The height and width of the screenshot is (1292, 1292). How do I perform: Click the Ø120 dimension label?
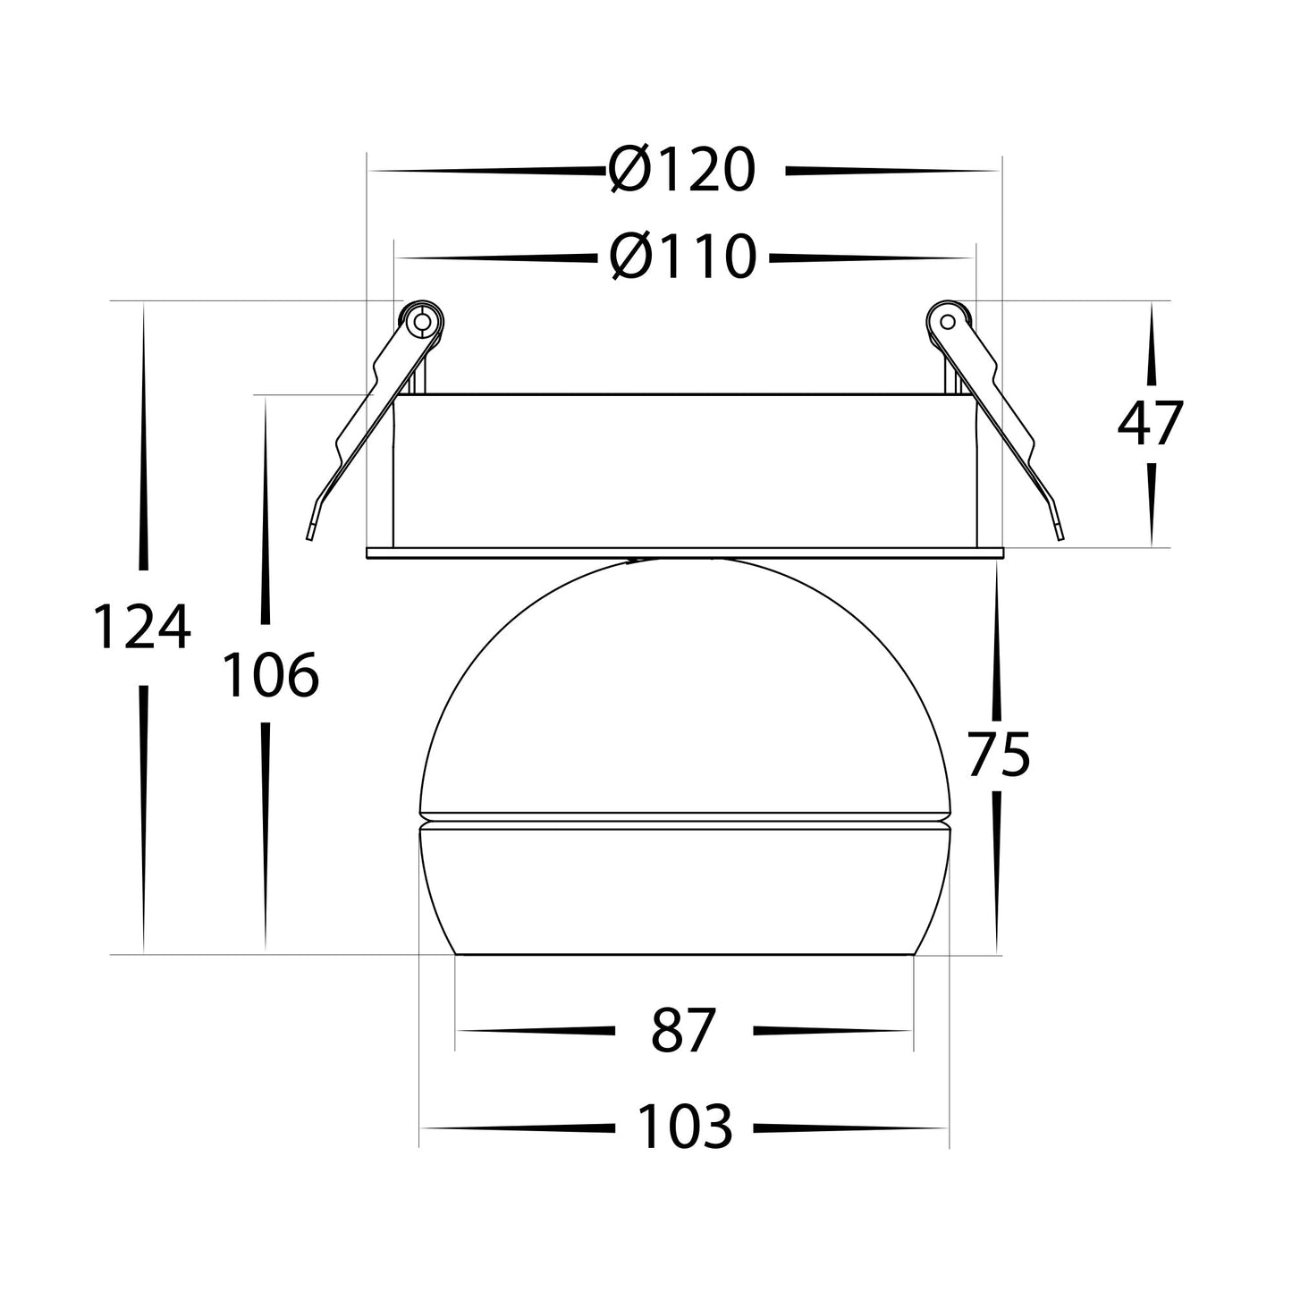682,170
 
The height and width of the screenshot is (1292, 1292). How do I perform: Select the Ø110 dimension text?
682,257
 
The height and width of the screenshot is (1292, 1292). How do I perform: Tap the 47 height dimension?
1150,423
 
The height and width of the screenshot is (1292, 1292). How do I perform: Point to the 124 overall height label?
141,627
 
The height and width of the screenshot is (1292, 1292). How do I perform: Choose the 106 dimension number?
270,675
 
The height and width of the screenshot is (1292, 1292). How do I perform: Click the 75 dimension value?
999,755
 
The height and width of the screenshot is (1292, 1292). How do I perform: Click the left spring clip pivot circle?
422,322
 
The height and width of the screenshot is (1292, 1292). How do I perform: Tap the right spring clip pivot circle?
948,322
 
